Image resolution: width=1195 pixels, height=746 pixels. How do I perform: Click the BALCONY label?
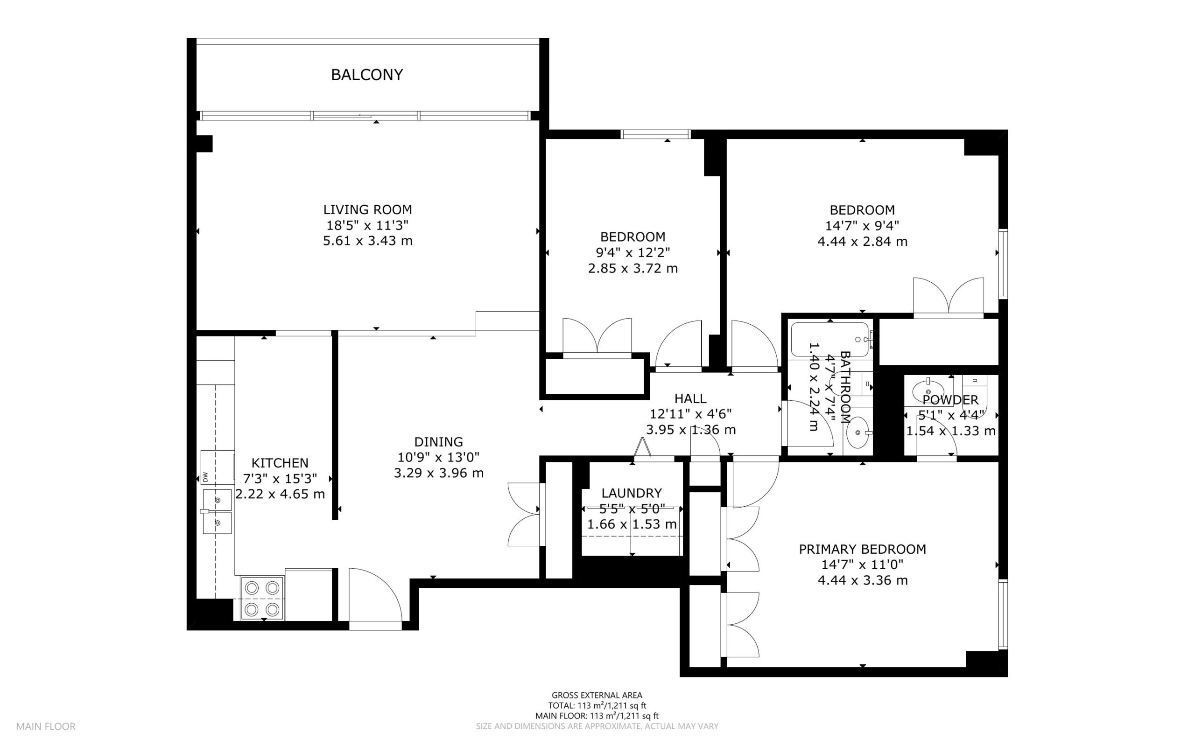[367, 75]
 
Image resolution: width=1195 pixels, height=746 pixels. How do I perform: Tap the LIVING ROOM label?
[367, 209]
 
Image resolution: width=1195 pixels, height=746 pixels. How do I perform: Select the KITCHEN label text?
[280, 463]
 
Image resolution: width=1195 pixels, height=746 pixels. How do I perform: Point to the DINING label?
[438, 441]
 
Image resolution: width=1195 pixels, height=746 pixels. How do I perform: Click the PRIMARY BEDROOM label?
[862, 549]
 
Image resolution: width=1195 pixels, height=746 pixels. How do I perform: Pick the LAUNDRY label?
[631, 493]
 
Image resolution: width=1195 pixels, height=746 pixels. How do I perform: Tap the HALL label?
[690, 398]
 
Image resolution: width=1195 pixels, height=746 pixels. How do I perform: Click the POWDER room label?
[950, 400]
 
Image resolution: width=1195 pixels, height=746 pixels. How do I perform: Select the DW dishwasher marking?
[205, 477]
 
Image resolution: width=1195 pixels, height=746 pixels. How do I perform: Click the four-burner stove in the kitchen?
[262, 598]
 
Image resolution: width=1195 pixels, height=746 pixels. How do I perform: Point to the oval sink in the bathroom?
[858, 432]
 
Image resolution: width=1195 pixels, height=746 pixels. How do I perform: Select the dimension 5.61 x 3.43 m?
[368, 241]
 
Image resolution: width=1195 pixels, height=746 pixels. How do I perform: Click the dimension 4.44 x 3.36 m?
[862, 580]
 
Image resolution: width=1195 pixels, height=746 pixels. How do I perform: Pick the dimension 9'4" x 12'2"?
[633, 252]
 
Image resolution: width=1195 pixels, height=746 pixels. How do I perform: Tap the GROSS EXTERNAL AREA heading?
[597, 696]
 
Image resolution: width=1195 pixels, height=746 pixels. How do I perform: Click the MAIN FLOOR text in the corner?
[46, 727]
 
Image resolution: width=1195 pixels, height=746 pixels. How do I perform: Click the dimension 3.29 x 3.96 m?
[438, 473]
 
